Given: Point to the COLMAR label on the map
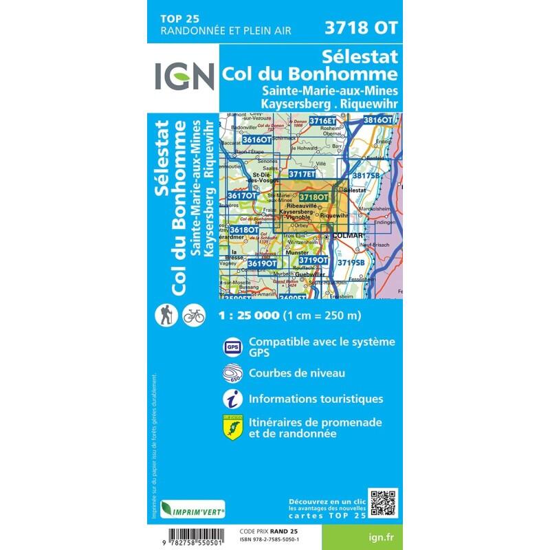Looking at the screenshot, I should [x=346, y=236].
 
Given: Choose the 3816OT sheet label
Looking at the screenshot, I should [x=377, y=120].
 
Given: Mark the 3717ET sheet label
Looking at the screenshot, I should [x=301, y=175].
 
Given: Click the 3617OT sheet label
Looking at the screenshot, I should [x=241, y=197].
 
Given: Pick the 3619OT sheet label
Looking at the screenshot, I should [x=262, y=263].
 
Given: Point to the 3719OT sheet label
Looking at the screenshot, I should [x=313, y=261].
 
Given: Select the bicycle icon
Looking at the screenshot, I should [x=195, y=316].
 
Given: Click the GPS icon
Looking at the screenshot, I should [x=232, y=347].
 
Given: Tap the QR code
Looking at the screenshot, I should [x=383, y=503].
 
